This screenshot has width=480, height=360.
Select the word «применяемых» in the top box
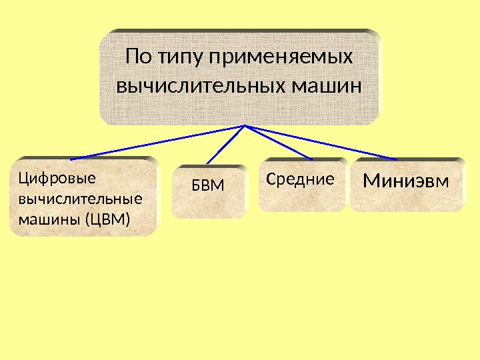[x=281, y=59]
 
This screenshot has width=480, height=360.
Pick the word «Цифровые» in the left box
[x=47, y=178]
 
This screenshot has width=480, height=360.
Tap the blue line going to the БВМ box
[x=227, y=144]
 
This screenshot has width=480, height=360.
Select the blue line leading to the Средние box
[x=280, y=142]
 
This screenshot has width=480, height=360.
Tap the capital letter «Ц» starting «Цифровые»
[x=23, y=178]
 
